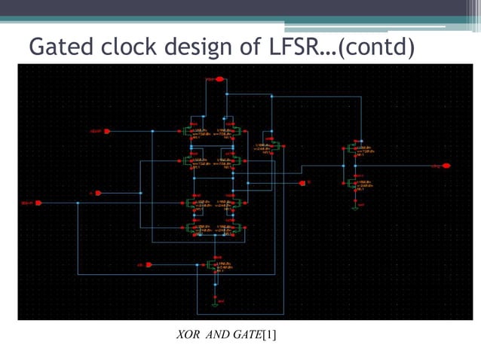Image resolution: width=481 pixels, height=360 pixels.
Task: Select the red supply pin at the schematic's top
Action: (x=212, y=78)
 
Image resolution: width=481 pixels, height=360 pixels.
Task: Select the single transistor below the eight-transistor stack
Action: (x=213, y=265)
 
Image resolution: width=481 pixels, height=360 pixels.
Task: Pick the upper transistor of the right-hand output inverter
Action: (x=353, y=149)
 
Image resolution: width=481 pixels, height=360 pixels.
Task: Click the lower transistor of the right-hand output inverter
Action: (x=353, y=183)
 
